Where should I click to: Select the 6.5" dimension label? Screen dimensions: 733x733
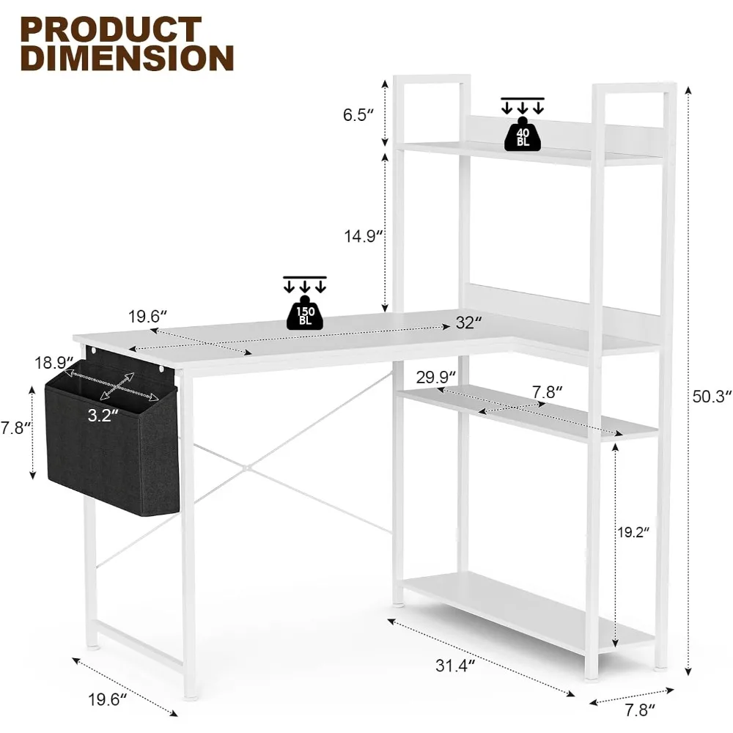coord(359,114)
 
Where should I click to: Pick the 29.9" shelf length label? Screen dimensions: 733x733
coord(416,377)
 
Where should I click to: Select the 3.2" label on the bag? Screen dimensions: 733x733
coord(103,416)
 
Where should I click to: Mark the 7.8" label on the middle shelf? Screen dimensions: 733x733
coord(546,391)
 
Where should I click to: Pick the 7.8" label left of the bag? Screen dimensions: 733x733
coord(15,429)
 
